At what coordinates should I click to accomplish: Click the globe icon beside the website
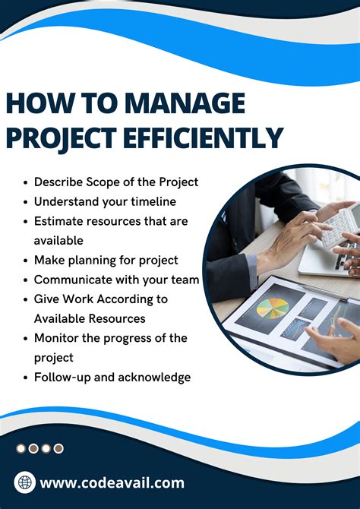[25, 482]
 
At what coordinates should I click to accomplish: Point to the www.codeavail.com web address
[112, 482]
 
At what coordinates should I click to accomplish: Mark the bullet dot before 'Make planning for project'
[27, 261]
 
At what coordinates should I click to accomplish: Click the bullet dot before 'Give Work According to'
[27, 299]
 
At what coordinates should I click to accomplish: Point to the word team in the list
[185, 280]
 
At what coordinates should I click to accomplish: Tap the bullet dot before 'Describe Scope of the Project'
[27, 182]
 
